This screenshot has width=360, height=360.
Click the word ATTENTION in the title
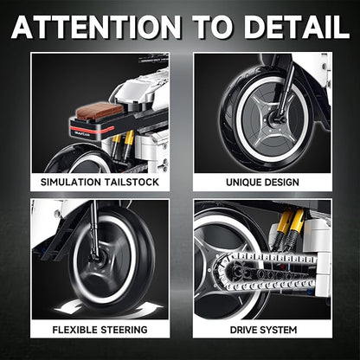[96, 27]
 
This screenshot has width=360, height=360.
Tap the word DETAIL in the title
[297, 27]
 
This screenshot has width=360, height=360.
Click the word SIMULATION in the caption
[71, 182]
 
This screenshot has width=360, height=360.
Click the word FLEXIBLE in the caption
[74, 330]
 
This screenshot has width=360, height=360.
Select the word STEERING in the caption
[124, 330]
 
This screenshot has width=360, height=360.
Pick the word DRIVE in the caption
[244, 330]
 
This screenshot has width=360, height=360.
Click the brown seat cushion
[100, 110]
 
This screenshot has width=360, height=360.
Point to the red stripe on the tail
[92, 129]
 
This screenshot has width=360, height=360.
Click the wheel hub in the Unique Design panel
[273, 119]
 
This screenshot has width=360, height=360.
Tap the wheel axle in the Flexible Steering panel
[96, 256]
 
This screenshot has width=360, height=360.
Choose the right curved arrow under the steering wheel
[146, 310]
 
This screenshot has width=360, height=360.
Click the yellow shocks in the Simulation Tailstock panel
[123, 145]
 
